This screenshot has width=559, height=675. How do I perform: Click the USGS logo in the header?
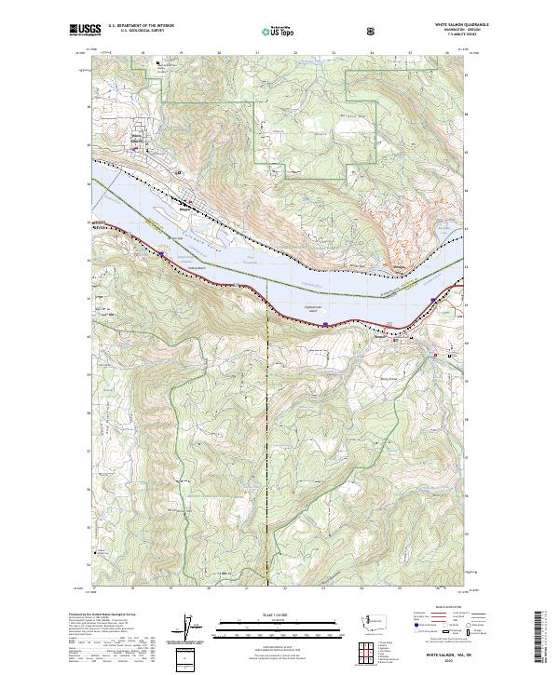click(82, 31)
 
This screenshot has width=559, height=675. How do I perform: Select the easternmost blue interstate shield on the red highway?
click(435, 300)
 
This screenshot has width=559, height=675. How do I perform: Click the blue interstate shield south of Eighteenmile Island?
click(324, 324)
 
